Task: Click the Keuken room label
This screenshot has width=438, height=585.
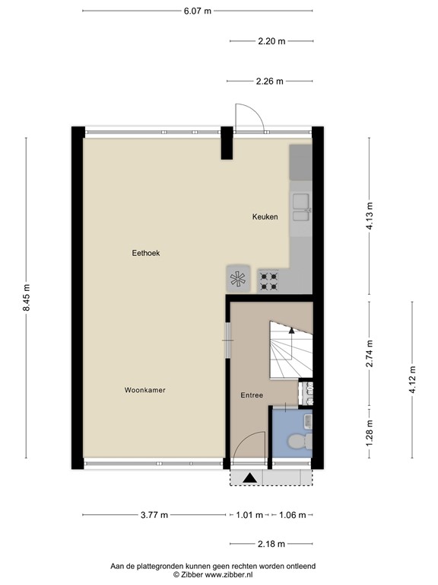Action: point(265,217)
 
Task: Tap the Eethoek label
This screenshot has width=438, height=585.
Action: point(144,253)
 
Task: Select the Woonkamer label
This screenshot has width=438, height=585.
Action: point(145,390)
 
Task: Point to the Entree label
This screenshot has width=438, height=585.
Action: point(252,395)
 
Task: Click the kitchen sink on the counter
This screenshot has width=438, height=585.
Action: point(301,207)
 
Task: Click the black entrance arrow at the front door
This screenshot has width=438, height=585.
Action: point(249,478)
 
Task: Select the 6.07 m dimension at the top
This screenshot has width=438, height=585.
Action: point(198,11)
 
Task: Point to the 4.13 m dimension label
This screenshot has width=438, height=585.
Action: point(370,216)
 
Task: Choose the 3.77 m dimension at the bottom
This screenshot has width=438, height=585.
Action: point(154,515)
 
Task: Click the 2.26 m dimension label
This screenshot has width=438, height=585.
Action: point(270,82)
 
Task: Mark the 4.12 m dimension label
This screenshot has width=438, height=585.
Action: point(412,379)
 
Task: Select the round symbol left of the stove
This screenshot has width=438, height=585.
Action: point(238,279)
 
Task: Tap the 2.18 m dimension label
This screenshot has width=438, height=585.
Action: point(271,544)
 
